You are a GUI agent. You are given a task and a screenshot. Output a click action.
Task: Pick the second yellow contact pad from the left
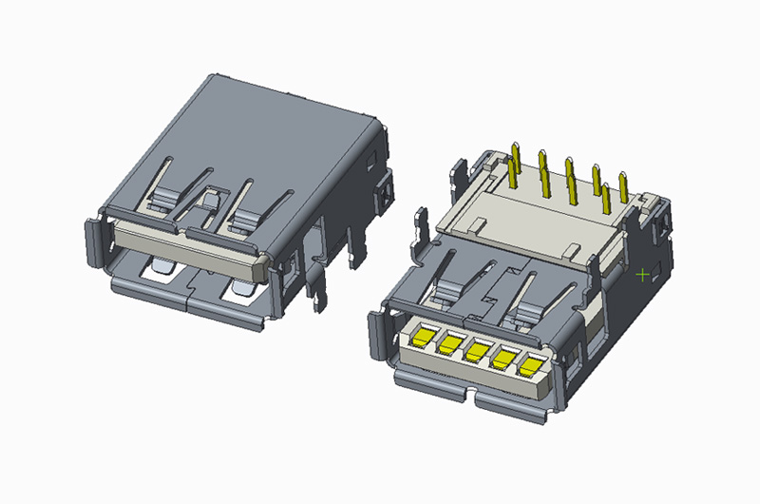(x=449, y=342)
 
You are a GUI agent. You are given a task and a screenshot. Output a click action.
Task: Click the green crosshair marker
(x=643, y=275)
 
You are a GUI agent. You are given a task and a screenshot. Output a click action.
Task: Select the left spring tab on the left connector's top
(x=164, y=194)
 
